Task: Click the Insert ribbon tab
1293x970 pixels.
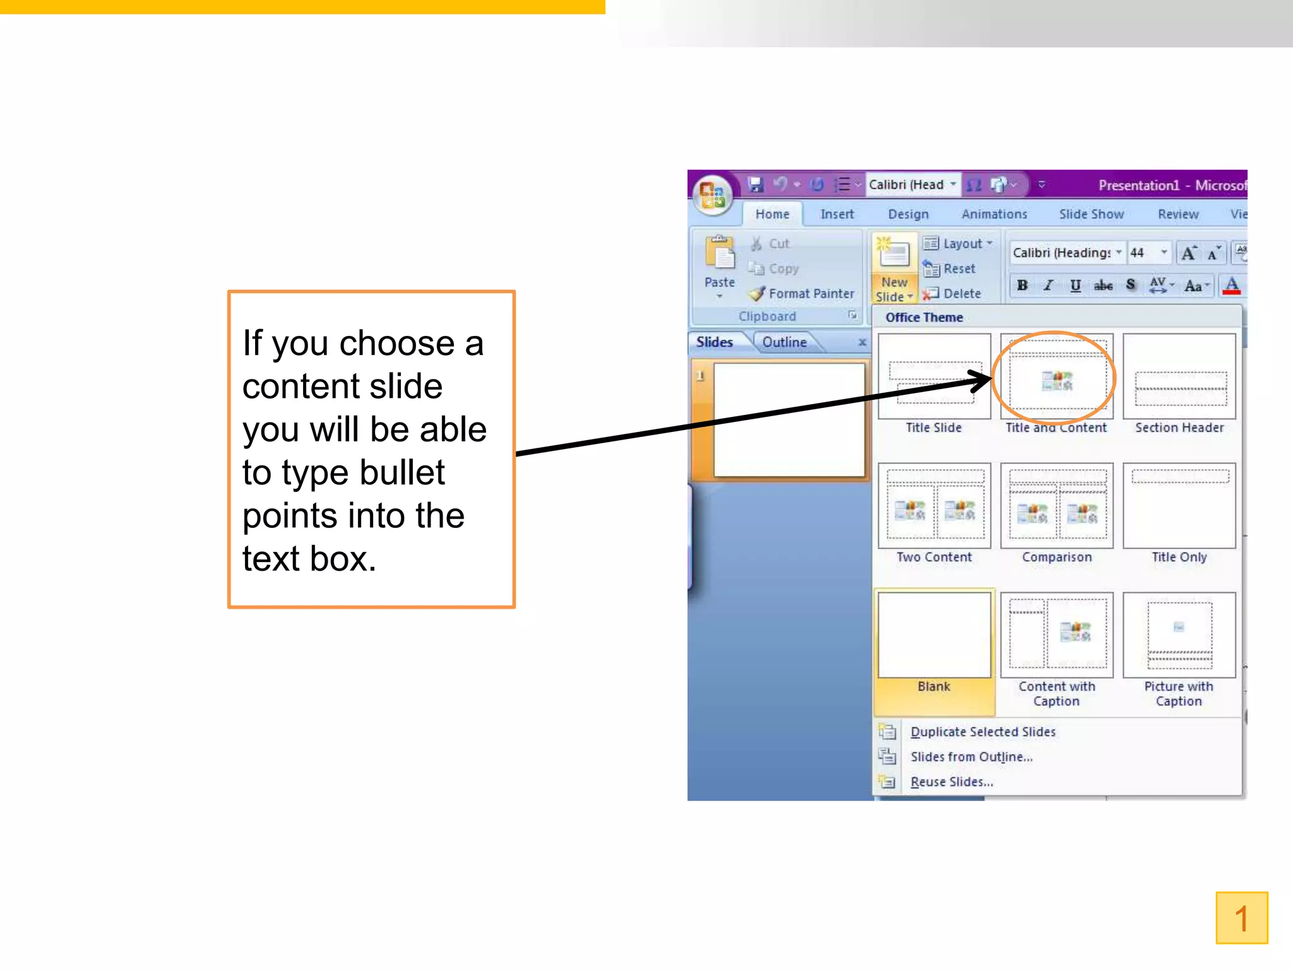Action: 837,215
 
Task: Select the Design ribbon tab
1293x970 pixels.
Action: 908,215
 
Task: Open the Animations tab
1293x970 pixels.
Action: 994,215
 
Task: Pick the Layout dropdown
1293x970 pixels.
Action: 958,244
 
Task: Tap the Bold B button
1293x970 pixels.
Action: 1022,285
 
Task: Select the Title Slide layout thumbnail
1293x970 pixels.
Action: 934,377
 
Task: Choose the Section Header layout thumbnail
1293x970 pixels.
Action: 1179,377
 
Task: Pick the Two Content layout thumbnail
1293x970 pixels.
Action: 934,506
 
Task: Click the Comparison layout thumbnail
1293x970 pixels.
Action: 1056,506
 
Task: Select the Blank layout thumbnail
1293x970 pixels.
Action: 934,635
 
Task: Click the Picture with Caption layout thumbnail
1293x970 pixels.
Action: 1179,635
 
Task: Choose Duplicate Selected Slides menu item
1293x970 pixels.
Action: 982,732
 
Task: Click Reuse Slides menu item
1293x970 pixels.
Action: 951,782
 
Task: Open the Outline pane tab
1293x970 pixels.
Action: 784,342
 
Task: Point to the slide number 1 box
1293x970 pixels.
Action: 1241,918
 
